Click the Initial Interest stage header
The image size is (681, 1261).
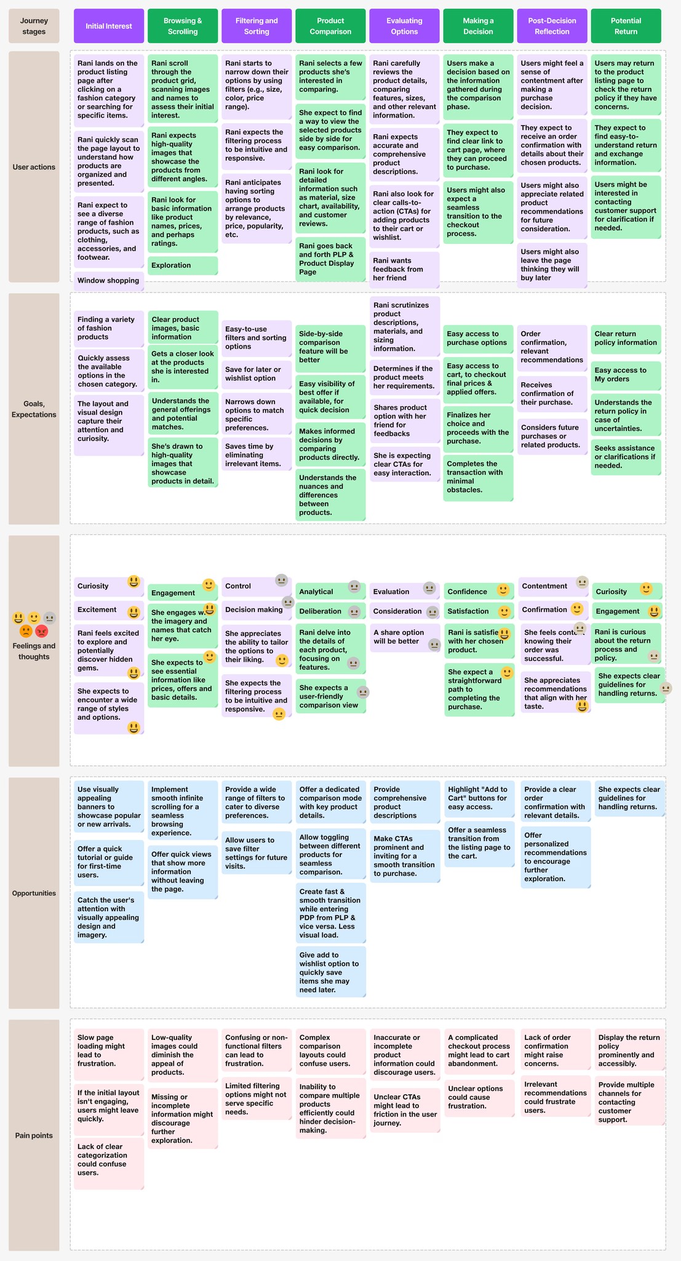pyautogui.click(x=109, y=26)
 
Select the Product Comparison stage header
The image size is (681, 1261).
pyautogui.click(x=330, y=26)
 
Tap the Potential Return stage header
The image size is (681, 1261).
pyautogui.click(x=626, y=26)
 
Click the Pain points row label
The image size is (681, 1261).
pyautogui.click(x=34, y=1135)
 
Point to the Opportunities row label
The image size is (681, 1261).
pyautogui.click(x=34, y=893)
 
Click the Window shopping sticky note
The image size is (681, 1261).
pyautogui.click(x=108, y=280)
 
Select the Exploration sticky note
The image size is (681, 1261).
pyautogui.click(x=183, y=265)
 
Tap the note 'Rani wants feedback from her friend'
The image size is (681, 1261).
pyautogui.click(x=404, y=269)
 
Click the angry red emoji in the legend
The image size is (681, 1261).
pyautogui.click(x=42, y=632)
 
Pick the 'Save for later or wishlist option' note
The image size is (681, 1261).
pyautogui.click(x=257, y=374)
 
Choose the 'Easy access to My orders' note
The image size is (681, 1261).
pyautogui.click(x=626, y=374)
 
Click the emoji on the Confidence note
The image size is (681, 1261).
pyautogui.click(x=503, y=590)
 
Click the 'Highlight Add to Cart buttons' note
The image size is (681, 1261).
pyautogui.click(x=479, y=798)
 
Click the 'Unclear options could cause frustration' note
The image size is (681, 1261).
pyautogui.click(x=479, y=1097)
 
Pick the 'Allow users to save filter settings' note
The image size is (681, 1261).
pyautogui.click(x=257, y=853)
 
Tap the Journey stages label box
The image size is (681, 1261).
pyautogui.click(x=34, y=26)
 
